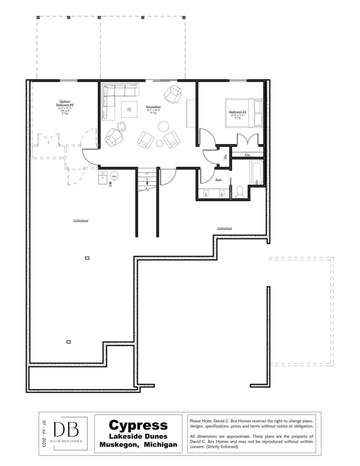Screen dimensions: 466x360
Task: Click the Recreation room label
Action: pos(153,107)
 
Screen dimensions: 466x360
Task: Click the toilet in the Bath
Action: pos(239,190)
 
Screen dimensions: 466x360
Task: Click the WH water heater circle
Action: pos(114,176)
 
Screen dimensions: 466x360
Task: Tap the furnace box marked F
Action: pos(102,177)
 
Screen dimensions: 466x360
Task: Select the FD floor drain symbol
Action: pos(110,184)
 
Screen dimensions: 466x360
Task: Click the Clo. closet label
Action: pos(247,155)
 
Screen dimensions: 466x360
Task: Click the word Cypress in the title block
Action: pos(138,425)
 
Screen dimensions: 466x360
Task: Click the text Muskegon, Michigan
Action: pos(138,445)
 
